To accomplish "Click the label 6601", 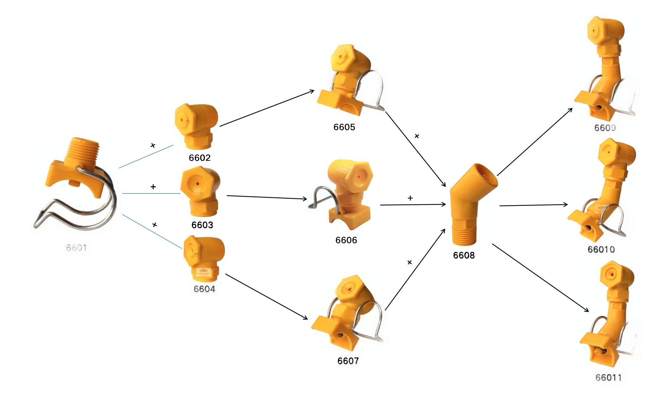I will [x=76, y=248].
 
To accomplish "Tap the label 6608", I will [x=463, y=255].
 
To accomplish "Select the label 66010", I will [x=601, y=250].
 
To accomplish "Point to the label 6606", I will [x=346, y=240].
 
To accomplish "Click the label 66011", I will [x=608, y=378].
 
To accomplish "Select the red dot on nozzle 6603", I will [x=197, y=184].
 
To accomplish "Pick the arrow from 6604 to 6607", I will [x=266, y=296].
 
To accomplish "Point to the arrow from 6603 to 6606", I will [x=267, y=197].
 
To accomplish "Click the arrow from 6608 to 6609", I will [x=534, y=142].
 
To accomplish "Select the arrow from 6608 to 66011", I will [x=540, y=277].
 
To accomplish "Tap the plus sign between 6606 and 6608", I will [x=410, y=198].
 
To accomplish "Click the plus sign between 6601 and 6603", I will [x=153, y=187].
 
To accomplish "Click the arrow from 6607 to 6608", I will [x=415, y=269].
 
